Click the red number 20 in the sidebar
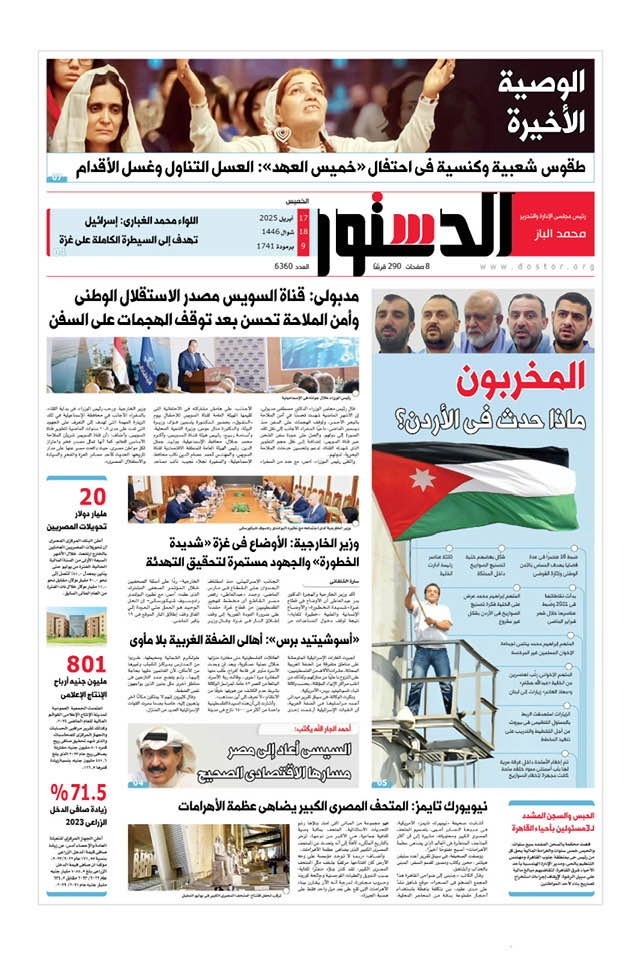(x=92, y=497)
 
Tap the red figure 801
(x=86, y=665)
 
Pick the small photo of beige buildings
(x=76, y=625)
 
